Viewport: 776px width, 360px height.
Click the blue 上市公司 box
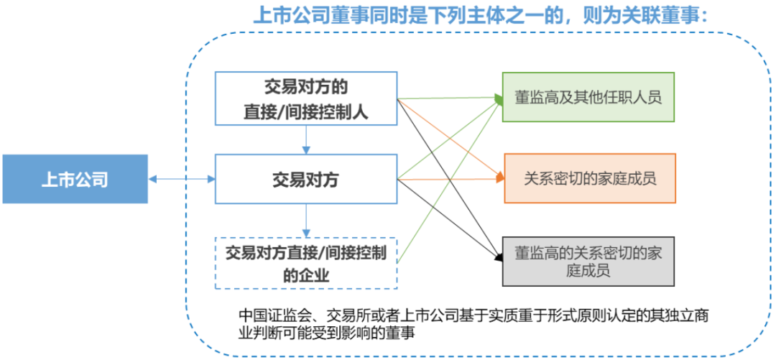(x=74, y=178)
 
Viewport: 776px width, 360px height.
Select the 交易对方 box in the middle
(x=306, y=179)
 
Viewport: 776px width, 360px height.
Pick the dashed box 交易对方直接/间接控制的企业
(x=306, y=262)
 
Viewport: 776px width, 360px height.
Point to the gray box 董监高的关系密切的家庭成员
(x=588, y=261)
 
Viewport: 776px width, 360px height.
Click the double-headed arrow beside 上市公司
(x=181, y=178)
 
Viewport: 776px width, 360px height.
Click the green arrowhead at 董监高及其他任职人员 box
(x=499, y=98)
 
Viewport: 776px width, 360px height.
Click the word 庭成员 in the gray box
(x=588, y=270)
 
